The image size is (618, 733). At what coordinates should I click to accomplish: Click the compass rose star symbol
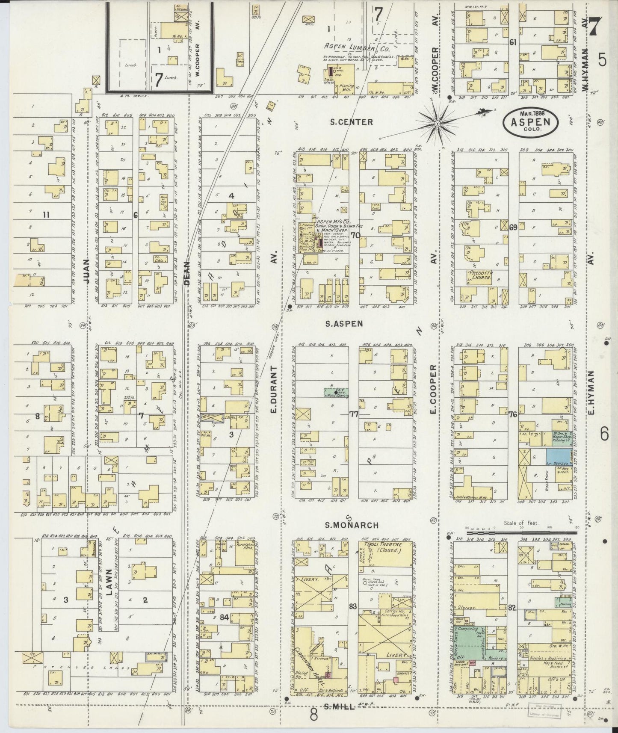pos(438,123)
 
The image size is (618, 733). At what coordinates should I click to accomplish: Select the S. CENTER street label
pos(352,122)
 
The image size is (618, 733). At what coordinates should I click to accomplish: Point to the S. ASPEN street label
pos(344,324)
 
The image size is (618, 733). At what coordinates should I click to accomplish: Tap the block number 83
pos(352,606)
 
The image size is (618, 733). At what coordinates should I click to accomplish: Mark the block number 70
pos(355,235)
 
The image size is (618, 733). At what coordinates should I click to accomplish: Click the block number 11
pos(45,215)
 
